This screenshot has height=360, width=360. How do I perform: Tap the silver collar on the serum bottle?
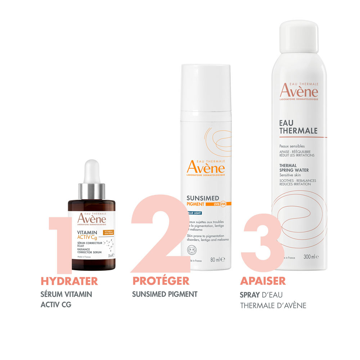[x=91, y=191]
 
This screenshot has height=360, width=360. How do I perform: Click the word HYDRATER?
[x=69, y=281]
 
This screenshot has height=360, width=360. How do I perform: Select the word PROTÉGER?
[x=161, y=281]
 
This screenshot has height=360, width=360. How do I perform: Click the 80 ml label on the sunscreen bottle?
[x=217, y=259]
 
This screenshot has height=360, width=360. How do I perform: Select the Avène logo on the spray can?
[x=299, y=90]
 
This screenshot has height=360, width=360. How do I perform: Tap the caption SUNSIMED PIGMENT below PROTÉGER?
[x=165, y=294]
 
